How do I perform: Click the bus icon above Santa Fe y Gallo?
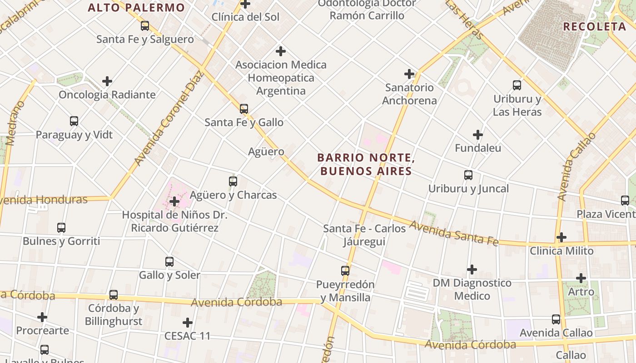244,108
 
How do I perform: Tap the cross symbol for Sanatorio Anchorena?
409,74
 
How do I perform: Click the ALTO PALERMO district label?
136,8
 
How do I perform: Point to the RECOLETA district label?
595,26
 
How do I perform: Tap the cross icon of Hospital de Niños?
174,201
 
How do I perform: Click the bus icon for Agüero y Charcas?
233,181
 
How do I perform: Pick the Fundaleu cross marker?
478,135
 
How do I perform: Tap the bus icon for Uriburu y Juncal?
468,175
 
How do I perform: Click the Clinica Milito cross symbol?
561,237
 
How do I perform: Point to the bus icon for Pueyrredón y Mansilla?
345,271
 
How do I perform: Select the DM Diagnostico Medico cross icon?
472,270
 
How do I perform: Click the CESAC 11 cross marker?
188,323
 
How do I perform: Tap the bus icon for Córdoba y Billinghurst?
114,295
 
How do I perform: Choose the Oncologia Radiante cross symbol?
107,81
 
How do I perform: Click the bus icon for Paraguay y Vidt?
74,121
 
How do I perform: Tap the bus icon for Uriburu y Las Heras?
517,85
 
